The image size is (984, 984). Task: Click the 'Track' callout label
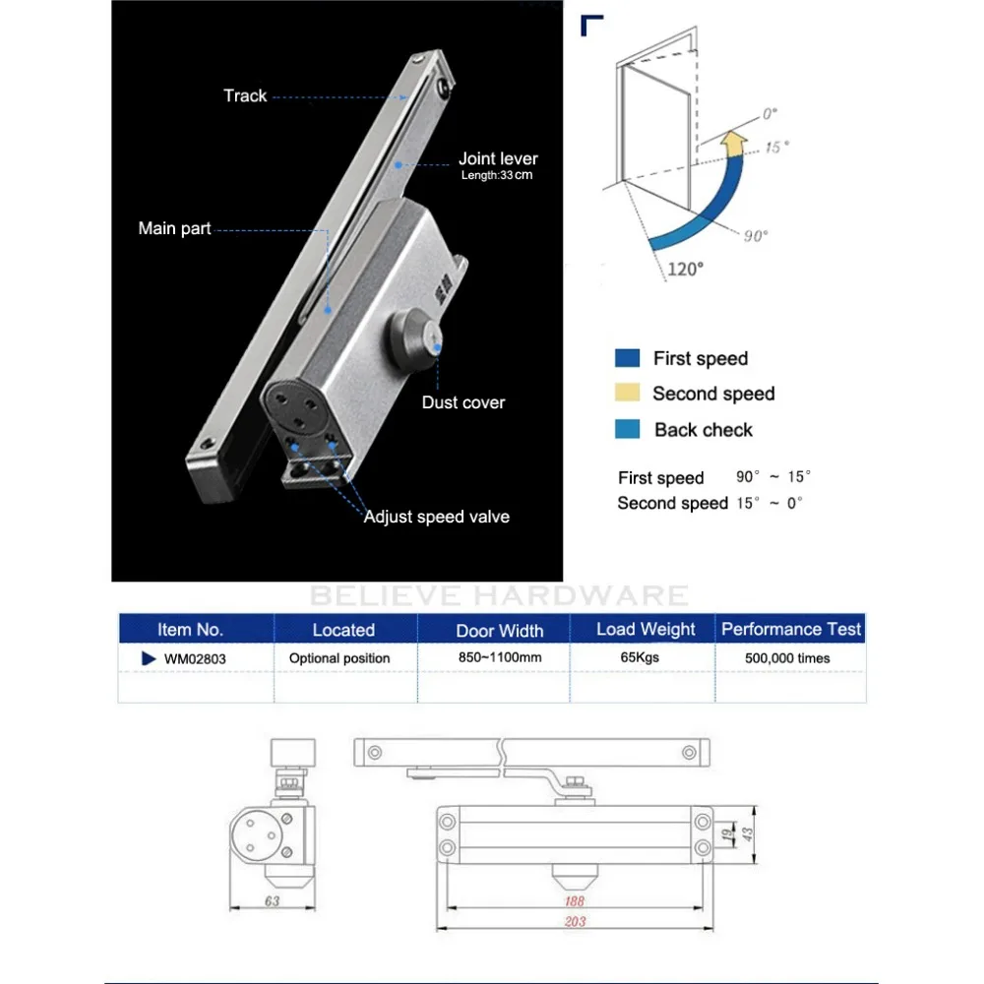[245, 96]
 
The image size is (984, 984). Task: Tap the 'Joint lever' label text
[498, 158]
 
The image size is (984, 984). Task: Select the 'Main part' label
[174, 228]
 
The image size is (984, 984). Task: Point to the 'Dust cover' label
[463, 402]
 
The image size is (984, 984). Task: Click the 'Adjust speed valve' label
[437, 518]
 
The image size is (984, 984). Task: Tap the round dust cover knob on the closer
[413, 334]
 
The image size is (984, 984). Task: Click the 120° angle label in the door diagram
[685, 270]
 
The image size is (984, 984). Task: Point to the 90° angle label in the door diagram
[756, 236]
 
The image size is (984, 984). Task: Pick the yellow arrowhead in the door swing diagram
[734, 143]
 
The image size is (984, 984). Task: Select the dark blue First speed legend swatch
[628, 358]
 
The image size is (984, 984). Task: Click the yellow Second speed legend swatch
[628, 393]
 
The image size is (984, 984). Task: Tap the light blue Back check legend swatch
[628, 429]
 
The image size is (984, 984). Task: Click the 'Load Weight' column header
[646, 629]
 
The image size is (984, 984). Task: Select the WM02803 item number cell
[195, 659]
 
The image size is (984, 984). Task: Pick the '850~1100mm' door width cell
[500, 657]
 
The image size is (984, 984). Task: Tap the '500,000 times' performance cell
[787, 658]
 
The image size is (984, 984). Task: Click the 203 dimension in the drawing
[575, 921]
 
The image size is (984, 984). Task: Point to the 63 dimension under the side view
[272, 901]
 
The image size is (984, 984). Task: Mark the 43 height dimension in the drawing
[747, 834]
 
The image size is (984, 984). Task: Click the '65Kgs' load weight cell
[640, 657]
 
